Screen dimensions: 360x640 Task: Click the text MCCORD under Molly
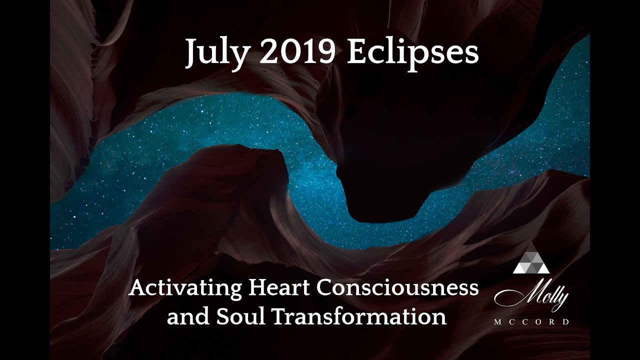click(x=531, y=322)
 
